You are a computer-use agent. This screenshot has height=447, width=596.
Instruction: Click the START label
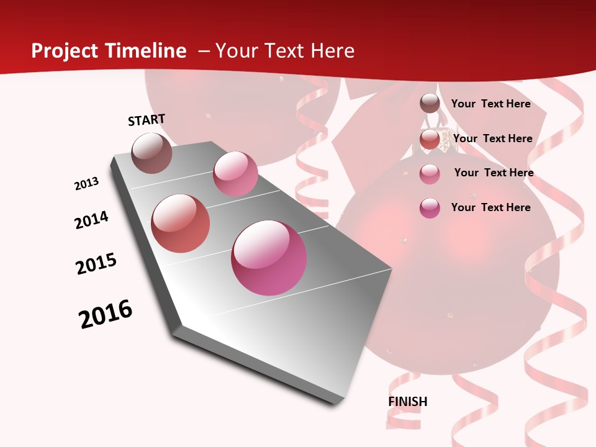coord(147,120)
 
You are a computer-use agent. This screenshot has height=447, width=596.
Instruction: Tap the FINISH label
coord(408,402)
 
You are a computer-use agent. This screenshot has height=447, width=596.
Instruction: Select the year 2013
coord(86,184)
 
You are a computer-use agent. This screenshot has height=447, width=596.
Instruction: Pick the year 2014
coord(91,220)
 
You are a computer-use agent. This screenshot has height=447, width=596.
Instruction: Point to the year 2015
coord(96,264)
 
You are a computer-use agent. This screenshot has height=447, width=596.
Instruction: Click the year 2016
coord(106,314)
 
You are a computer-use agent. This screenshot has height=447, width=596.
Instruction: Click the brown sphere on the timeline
coord(152,153)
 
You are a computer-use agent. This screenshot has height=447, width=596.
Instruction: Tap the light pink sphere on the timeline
coord(235,174)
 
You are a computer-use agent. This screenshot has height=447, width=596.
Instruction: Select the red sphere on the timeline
coord(181,223)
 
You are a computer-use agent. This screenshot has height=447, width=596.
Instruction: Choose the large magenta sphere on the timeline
coord(269,258)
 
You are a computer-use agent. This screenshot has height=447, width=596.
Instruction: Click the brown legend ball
coord(430,104)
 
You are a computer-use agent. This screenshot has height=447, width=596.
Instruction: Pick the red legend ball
coord(430,139)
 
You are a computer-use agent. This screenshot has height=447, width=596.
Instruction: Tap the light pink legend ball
coord(430,174)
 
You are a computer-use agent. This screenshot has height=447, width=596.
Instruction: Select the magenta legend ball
coord(430,208)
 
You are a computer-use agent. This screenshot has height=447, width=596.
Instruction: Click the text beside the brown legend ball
coord(490,104)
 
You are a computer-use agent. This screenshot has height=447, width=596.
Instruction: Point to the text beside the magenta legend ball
coord(490,207)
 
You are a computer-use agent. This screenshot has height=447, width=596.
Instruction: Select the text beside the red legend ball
coord(492,138)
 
